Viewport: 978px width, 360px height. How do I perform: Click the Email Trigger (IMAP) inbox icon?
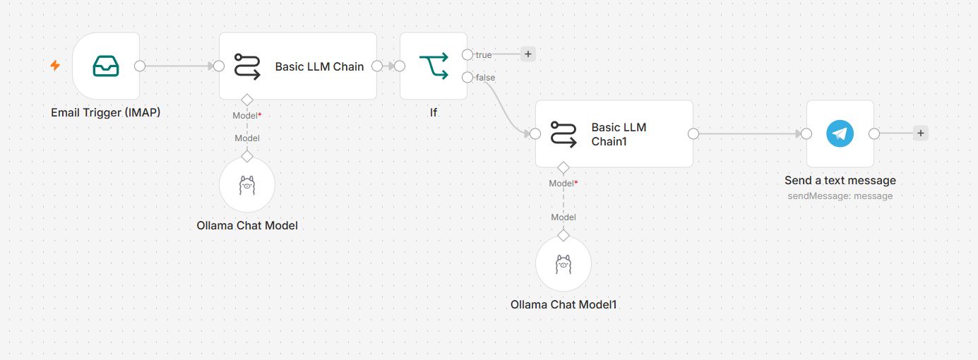[106, 66]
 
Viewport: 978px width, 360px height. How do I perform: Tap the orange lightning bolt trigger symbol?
[55, 66]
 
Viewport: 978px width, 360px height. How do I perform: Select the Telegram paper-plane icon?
[840, 133]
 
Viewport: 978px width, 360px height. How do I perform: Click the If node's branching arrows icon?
[434, 66]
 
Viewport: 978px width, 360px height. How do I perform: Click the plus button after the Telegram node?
[920, 133]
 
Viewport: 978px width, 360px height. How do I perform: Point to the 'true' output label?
[484, 55]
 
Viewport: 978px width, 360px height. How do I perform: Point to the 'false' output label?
[486, 77]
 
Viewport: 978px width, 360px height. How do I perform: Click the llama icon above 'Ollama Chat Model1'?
[563, 264]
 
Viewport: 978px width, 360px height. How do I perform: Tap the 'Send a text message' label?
[840, 180]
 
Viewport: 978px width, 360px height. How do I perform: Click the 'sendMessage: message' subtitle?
[840, 196]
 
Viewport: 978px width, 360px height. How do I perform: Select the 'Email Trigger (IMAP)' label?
[106, 112]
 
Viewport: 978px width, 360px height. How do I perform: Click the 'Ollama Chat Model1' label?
[563, 304]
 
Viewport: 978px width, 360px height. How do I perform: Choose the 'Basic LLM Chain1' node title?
[619, 134]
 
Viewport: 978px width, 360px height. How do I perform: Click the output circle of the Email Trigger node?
[140, 66]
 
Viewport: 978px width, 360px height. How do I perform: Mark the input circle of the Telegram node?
[806, 133]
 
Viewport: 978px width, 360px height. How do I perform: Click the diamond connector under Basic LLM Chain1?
[563, 167]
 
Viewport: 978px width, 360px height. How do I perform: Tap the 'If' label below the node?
[434, 112]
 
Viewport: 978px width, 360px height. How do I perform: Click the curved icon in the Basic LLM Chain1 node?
[563, 134]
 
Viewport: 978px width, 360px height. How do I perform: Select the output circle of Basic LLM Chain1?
[693, 134]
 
